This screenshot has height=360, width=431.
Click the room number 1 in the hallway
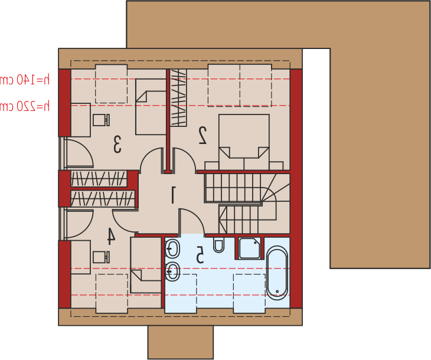pyautogui.click(x=173, y=195)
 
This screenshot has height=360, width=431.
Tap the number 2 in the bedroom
pyautogui.click(x=203, y=135)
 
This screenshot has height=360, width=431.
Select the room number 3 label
pyautogui.click(x=117, y=144)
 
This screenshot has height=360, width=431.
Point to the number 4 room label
pyautogui.click(x=111, y=236)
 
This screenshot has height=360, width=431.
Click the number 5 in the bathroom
pyautogui.click(x=200, y=254)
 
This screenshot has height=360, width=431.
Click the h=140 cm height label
pyautogui.click(x=24, y=80)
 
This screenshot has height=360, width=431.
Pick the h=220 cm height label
pyautogui.click(x=24, y=106)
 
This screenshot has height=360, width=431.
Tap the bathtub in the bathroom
pyautogui.click(x=277, y=273)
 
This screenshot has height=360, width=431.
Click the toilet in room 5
pyautogui.click(x=218, y=244)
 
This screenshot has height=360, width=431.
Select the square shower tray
pyautogui.click(x=250, y=248)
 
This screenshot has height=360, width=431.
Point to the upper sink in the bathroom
pyautogui.click(x=172, y=248)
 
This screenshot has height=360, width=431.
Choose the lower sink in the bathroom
pyautogui.click(x=172, y=271)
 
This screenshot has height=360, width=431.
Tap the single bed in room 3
pyautogui.click(x=151, y=107)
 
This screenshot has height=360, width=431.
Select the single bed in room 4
pyautogui.click(x=146, y=265)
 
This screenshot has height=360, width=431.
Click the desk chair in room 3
pyautogui.click(x=101, y=120)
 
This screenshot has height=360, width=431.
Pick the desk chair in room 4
pyautogui.click(x=101, y=257)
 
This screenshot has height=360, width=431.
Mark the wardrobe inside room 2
pyautogui.click(x=178, y=98)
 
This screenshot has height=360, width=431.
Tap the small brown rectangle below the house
pyautogui.click(x=181, y=342)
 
